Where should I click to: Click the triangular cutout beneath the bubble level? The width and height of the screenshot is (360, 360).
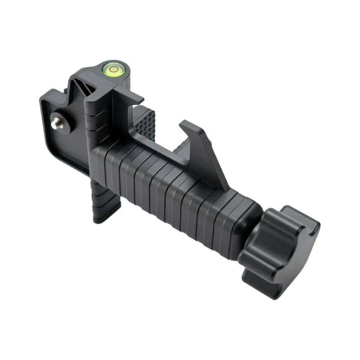click(95, 88)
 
